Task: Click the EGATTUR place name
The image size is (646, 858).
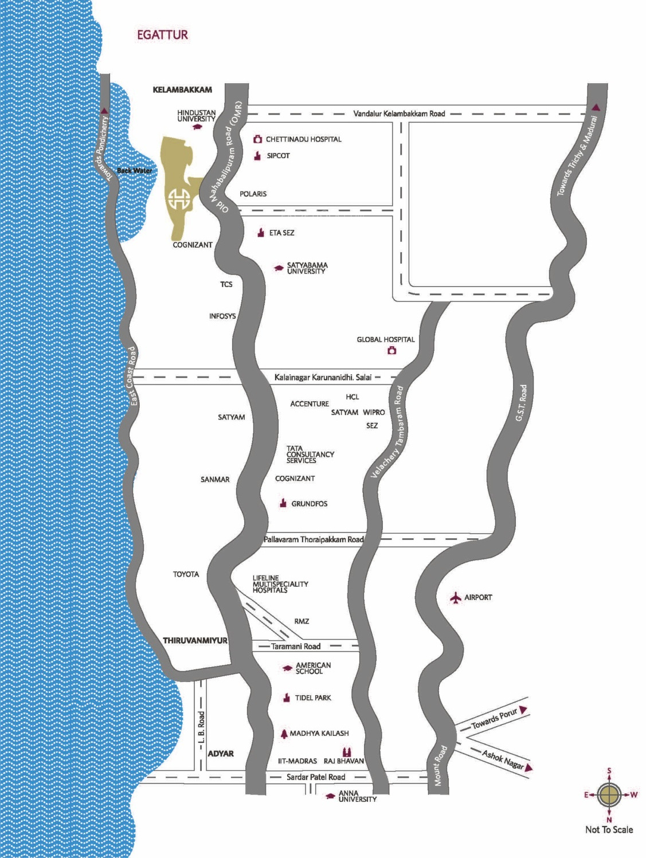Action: pos(162,35)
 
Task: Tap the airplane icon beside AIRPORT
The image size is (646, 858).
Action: pos(456,598)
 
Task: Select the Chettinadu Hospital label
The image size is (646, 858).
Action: pos(303,139)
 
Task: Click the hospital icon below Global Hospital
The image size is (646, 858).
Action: pos(392,351)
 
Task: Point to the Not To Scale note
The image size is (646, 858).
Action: pos(609,829)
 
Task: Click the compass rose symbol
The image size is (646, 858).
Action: pos(609,795)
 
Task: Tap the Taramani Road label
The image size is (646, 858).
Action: pos(296,647)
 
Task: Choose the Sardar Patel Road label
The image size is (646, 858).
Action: pos(316,777)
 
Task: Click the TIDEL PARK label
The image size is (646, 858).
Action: pos(313,698)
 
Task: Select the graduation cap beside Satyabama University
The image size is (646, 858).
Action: pos(279,268)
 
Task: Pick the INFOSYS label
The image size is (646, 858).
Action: pos(222,316)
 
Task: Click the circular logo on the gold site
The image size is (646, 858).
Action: pos(179,200)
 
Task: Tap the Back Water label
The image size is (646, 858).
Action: pos(134,171)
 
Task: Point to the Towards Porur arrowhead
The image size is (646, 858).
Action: pos(523,710)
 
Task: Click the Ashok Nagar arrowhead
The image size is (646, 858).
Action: pos(528,767)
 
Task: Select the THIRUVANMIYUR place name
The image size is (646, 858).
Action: pos(195,641)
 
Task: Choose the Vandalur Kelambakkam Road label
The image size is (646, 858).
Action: pos(399,114)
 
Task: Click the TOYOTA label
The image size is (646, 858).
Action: pos(186,574)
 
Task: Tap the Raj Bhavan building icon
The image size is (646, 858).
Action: pos(346,752)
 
